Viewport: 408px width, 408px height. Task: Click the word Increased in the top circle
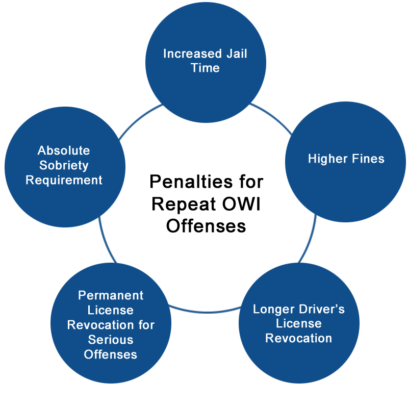[x=192, y=54]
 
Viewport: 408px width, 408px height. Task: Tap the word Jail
[x=237, y=54]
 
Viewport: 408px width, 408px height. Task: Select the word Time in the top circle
[x=206, y=68]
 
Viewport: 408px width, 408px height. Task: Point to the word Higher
[x=327, y=159]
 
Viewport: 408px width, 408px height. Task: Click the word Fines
[x=368, y=159]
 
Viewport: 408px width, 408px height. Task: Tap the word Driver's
[x=322, y=309]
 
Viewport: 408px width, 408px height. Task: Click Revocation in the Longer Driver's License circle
[x=298, y=338]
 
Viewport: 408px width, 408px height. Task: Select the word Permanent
[x=111, y=295]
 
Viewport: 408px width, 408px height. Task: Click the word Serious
[x=111, y=340]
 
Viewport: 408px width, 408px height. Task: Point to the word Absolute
[x=64, y=150]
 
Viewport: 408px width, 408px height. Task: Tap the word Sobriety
[x=64, y=166]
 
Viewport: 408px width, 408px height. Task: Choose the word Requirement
[x=64, y=181]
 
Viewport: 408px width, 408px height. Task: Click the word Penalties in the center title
[x=191, y=182]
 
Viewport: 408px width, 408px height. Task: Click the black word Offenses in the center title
[x=206, y=225]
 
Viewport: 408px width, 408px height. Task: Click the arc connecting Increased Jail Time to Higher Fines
[x=272, y=117]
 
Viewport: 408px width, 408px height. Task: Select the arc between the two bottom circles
[x=206, y=311]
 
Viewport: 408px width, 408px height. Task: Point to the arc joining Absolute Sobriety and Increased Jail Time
[x=139, y=119]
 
